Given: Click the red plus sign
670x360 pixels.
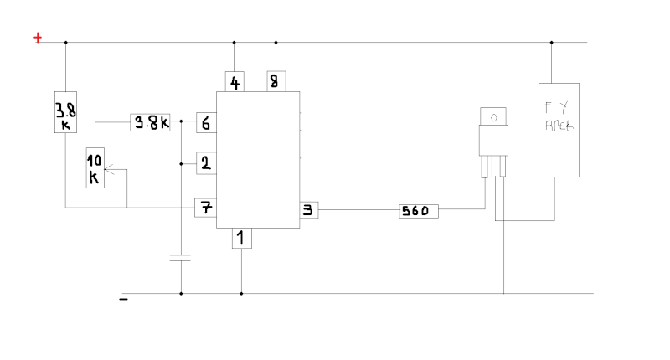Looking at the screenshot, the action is pos(38,38).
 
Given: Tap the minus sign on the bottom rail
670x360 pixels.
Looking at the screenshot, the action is pos(123,299).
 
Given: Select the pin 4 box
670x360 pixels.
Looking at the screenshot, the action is pos(234,81).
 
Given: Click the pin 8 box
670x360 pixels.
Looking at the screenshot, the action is pos(276,81).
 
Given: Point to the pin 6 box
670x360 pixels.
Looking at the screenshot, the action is pos(206,122).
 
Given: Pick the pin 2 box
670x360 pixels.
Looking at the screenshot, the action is pos(206,163).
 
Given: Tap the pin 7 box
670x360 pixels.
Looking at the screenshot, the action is pos(205,208).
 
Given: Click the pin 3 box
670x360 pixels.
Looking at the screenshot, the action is pos(308,210).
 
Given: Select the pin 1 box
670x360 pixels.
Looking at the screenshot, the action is pos(242,239).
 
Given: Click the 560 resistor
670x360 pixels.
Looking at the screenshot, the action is pos(419,211).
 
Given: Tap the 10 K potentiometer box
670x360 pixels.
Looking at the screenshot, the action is pos(95,167).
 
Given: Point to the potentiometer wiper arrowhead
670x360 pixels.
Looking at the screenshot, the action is pos(107,170).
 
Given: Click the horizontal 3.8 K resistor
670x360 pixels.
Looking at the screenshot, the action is pos(150,122).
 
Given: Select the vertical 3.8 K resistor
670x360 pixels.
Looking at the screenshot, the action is pos(66,112).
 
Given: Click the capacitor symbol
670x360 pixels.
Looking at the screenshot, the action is pos(180,258).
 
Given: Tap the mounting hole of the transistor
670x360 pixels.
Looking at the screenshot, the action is pos(493,117).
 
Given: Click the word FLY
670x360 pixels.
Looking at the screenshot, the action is pos(557,108).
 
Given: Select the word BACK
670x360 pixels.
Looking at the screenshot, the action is pos(559,126).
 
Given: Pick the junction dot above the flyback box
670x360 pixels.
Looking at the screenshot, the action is pos(552,42).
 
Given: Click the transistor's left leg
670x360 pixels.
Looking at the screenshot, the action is pos(485,167).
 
